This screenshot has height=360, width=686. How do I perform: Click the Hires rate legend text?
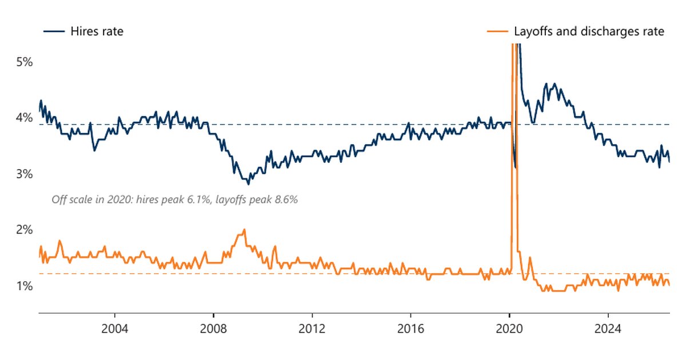click(x=97, y=31)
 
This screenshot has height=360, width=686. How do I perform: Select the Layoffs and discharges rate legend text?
click(x=589, y=31)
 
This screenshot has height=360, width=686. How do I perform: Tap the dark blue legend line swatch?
click(x=54, y=31)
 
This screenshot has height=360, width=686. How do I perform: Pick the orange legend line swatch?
click(x=497, y=31)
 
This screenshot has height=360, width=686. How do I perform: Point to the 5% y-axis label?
click(x=24, y=62)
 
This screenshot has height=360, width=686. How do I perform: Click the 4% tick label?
click(x=24, y=118)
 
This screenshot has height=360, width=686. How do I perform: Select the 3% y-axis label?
click(x=24, y=174)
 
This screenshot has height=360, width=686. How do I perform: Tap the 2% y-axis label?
click(x=24, y=230)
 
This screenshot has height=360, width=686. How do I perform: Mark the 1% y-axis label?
click(x=24, y=286)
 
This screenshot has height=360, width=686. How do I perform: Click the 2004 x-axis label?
click(x=114, y=329)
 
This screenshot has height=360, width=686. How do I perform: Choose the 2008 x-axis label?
click(x=213, y=329)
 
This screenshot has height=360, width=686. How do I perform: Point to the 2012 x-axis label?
click(x=312, y=329)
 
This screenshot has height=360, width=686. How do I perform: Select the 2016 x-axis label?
click(x=410, y=329)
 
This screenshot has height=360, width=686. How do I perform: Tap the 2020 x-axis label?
click(x=509, y=329)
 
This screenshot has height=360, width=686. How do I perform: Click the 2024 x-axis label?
click(x=608, y=329)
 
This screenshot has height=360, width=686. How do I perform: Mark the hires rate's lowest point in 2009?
click(x=248, y=184)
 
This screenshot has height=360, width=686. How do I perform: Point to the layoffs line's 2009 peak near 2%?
click(x=244, y=230)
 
